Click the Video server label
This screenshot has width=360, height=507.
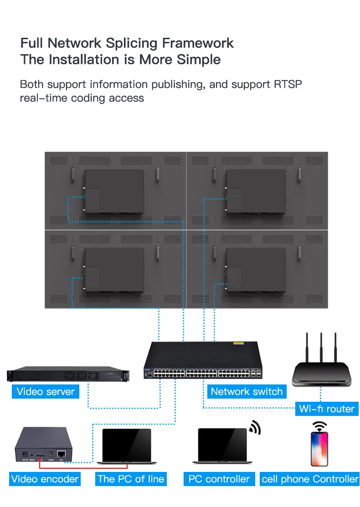(x=46, y=392)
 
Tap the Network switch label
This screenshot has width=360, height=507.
(x=247, y=392)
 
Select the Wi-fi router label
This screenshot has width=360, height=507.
(x=327, y=409)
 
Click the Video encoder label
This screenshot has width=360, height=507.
(x=45, y=479)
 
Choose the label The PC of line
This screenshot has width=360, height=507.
(x=131, y=479)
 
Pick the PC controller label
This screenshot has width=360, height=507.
(x=219, y=479)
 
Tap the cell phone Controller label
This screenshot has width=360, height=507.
(x=310, y=479)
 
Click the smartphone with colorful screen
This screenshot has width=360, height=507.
(x=319, y=449)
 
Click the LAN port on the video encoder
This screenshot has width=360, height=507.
(x=61, y=454)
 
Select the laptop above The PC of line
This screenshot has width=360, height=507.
(x=126, y=446)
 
